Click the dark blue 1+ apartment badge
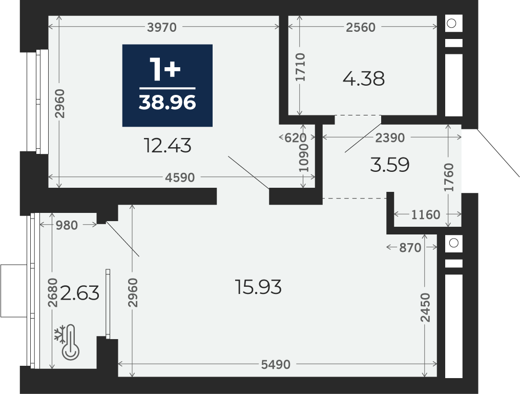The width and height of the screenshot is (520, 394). tap(168, 85)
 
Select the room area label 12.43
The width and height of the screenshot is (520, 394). tap(168, 146)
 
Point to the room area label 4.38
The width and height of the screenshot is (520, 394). tap(364, 79)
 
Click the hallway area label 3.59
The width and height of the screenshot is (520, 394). tap(390, 165)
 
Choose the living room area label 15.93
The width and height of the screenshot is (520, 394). tap(258, 287)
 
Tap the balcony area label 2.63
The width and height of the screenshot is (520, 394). tap(80, 293)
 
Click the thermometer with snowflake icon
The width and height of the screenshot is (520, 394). tap(67, 342)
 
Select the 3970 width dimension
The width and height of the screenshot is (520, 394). tap(162, 27)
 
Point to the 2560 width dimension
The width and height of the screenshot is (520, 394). tap(361, 27)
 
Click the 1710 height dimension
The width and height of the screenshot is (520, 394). tap(300, 67)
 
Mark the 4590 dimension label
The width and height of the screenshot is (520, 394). tap(180, 178)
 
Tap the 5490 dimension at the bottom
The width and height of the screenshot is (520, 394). tap(276, 364)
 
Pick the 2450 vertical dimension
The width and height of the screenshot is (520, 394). tap(425, 308)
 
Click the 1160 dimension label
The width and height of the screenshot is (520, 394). tap(426, 214)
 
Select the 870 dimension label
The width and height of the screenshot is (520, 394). tap(410, 247)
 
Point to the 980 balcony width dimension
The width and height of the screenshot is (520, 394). tap(67, 225)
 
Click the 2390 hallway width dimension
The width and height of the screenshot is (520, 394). tap(390, 137)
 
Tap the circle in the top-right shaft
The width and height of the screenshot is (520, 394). tap(451, 23)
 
